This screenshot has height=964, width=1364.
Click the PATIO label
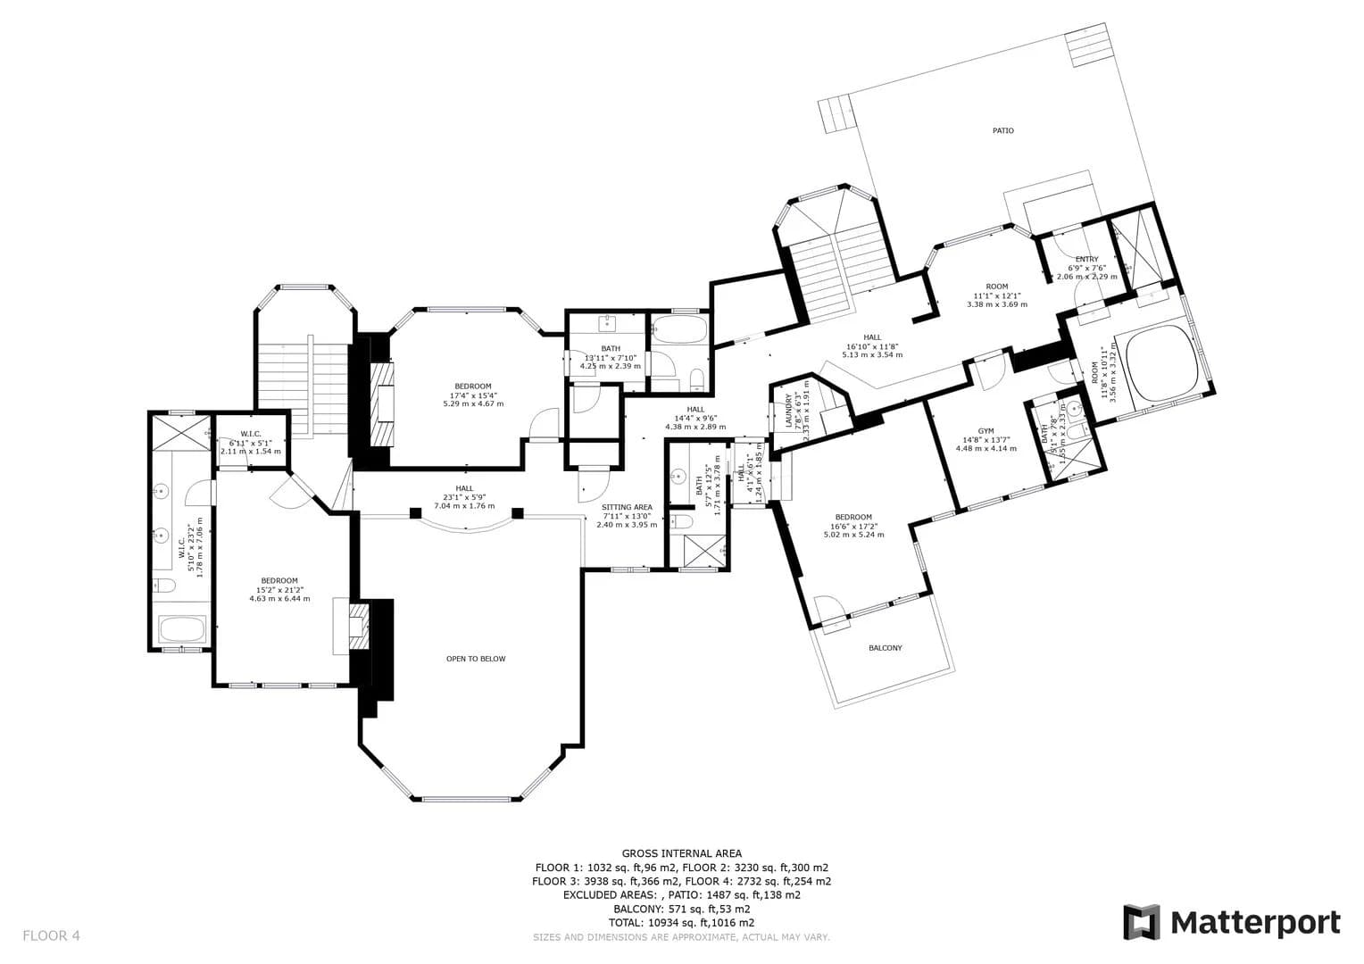click(1002, 130)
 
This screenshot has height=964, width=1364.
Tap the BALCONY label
click(885, 648)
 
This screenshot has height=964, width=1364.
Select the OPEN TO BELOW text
click(476, 659)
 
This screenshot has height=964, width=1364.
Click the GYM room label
click(986, 430)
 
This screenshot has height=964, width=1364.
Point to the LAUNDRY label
click(787, 411)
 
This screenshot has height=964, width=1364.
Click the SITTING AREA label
click(627, 507)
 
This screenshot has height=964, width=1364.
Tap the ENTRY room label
click(1086, 259)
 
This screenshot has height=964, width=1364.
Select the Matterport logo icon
click(1141, 922)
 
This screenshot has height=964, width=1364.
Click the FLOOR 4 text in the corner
click(51, 935)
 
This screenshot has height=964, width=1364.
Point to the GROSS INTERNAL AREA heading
click(681, 853)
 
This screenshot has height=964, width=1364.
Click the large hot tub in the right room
click(1160, 360)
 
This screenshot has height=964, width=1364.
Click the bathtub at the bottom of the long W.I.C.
click(182, 631)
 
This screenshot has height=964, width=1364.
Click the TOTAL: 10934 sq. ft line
click(681, 922)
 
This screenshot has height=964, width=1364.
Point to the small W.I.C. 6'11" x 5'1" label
click(250, 434)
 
